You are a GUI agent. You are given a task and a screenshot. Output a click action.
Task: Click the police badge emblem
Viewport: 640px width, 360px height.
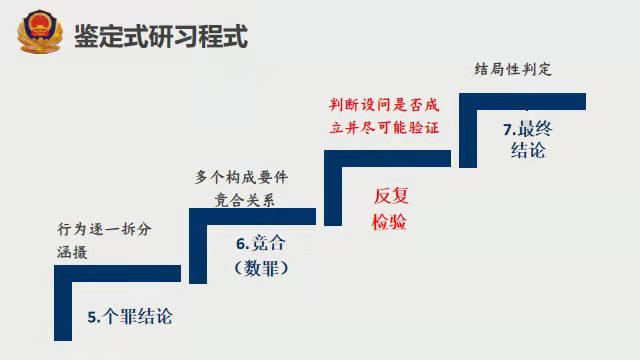[38, 33]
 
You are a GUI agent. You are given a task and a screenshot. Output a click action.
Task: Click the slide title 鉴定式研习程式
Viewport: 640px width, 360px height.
[160, 38]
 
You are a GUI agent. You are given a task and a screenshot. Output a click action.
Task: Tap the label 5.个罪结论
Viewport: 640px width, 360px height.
[130, 317]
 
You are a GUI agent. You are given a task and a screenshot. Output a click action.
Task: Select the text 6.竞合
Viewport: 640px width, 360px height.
[260, 244]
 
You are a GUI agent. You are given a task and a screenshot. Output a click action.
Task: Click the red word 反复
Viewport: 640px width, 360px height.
[391, 195]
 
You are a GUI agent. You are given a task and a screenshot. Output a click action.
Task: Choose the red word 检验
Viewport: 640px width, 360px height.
[391, 222]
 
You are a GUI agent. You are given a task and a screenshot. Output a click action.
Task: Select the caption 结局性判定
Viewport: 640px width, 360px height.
[513, 71]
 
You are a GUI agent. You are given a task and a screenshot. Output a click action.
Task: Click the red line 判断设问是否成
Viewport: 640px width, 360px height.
[385, 104]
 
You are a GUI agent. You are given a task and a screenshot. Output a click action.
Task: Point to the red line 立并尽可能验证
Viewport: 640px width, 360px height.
[385, 128]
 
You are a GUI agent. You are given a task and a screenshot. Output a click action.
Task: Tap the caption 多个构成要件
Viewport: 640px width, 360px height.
[242, 177]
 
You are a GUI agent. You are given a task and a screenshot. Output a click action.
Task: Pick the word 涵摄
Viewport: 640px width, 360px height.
[72, 253]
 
